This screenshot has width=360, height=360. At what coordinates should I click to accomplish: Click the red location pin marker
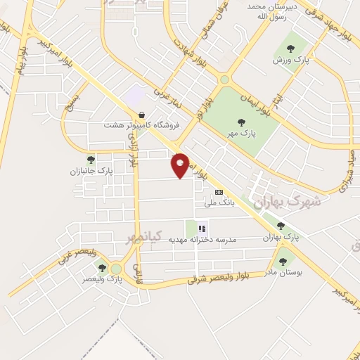pyautogui.click(x=181, y=165)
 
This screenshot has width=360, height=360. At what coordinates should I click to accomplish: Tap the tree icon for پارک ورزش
pyautogui.click(x=290, y=49)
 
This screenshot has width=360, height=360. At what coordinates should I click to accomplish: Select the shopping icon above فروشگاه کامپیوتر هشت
pyautogui.click(x=142, y=115)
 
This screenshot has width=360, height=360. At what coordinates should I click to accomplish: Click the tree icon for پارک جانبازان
pyautogui.click(x=91, y=160)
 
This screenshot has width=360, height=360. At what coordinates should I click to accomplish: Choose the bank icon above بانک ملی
pyautogui.click(x=219, y=192)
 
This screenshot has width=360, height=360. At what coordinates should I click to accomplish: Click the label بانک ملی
pyautogui.click(x=218, y=202)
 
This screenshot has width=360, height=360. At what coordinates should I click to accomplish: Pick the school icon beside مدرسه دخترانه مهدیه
pyautogui.click(x=202, y=228)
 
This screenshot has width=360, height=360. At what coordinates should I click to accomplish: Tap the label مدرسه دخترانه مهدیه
pyautogui.click(x=202, y=239)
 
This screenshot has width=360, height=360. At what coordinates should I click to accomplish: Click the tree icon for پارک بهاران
pyautogui.click(x=281, y=226)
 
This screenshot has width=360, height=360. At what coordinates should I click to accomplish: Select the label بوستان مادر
pyautogui.click(x=285, y=271)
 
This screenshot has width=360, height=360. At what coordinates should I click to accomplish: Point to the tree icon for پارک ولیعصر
pyautogui.click(x=103, y=268)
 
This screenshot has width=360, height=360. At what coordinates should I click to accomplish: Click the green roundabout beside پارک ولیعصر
pyautogui.click(x=117, y=269)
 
